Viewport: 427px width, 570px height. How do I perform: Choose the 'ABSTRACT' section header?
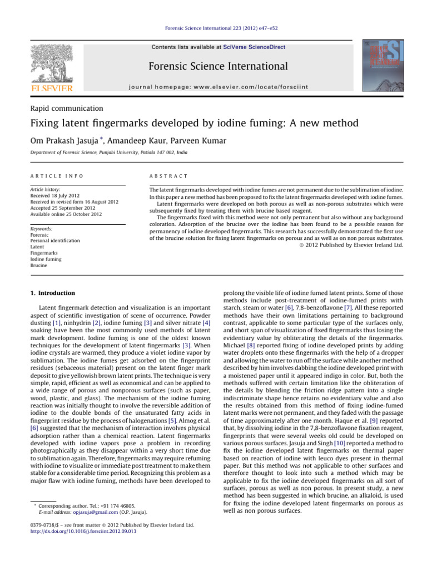click(159, 176)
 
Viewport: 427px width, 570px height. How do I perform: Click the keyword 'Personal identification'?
click(55, 240)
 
